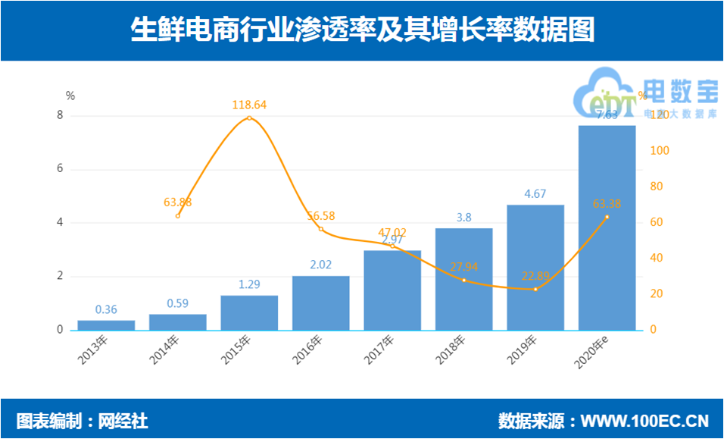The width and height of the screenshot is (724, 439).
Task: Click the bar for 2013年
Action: click(106, 325)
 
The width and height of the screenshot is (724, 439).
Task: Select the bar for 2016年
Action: click(320, 303)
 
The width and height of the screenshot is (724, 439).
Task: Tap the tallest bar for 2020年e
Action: click(607, 227)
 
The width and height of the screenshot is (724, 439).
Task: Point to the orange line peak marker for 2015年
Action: click(249, 118)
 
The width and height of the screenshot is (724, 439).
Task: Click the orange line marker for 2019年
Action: click(535, 289)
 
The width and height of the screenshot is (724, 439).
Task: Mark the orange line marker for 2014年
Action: click(177, 215)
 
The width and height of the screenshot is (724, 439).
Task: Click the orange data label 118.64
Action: click(249, 105)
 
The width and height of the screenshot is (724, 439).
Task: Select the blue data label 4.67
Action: click(535, 194)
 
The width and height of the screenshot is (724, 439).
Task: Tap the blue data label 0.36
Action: click(106, 309)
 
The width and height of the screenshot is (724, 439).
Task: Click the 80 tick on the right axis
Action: click(659, 187)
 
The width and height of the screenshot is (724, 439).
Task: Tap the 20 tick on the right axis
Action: click(659, 294)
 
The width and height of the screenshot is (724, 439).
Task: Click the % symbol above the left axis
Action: click(70, 96)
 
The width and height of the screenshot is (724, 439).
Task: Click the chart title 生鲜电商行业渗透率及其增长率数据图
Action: click(362, 31)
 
